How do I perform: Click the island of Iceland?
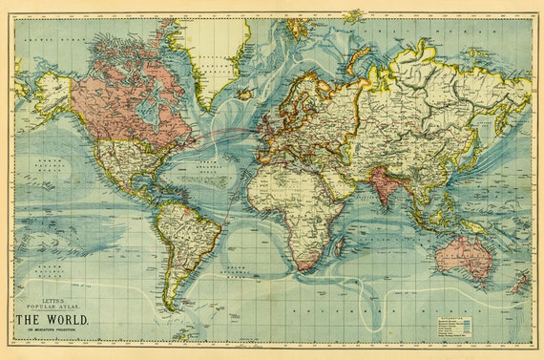click(245, 94)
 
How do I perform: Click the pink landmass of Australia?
click(462, 254)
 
